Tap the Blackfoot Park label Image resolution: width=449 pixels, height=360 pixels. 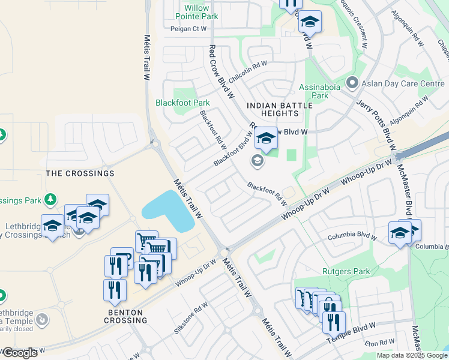(x=182, y=103)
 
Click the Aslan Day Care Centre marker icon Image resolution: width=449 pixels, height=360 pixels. (x=352, y=83)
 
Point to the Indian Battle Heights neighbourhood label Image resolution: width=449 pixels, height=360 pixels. (x=280, y=110)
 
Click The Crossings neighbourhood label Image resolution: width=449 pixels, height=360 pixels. (x=80, y=173)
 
